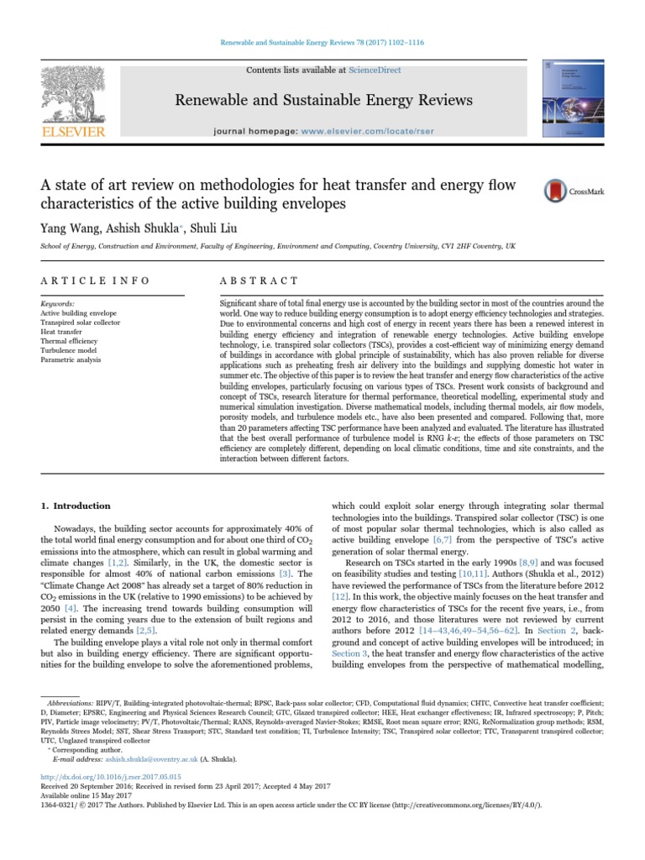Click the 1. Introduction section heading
76,506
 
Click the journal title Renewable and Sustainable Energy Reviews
322,101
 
